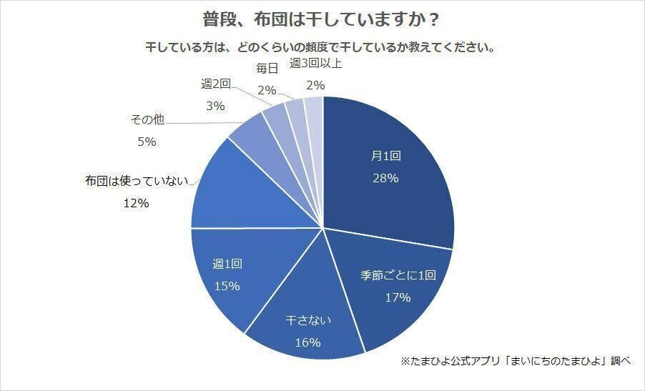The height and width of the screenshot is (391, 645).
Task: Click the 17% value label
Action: pyautogui.click(x=397, y=297)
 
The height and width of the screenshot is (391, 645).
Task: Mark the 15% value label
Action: pyautogui.click(x=227, y=285)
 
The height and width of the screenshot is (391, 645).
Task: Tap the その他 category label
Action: pyautogui.click(x=147, y=120)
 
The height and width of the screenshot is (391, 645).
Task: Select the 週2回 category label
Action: pyautogui.click(x=215, y=84)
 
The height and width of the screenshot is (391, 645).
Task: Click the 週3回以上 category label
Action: pyautogui.click(x=315, y=63)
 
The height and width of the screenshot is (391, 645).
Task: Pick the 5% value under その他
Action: pyautogui.click(x=146, y=142)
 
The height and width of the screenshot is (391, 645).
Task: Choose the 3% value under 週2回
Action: pyautogui.click(x=215, y=106)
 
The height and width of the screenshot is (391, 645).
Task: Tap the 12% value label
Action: pyautogui.click(x=135, y=203)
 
